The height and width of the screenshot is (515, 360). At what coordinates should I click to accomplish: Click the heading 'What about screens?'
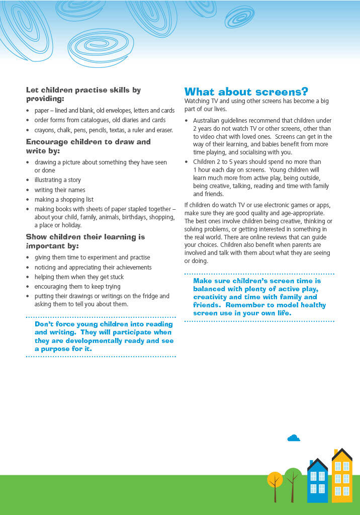(x=246, y=92)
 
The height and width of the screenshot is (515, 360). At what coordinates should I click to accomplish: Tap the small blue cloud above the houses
(x=294, y=438)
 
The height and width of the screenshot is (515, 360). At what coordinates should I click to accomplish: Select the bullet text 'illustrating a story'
(x=57, y=180)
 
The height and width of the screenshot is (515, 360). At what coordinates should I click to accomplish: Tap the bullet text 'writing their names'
(x=60, y=190)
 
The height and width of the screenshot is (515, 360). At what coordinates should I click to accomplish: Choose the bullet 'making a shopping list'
(x=64, y=200)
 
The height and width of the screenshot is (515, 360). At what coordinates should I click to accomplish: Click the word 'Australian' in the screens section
(x=207, y=121)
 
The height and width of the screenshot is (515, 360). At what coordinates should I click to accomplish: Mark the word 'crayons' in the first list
(x=45, y=130)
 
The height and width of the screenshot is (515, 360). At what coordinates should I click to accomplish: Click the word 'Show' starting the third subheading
(x=35, y=237)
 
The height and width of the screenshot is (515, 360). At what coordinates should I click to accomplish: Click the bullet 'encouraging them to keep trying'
(x=77, y=287)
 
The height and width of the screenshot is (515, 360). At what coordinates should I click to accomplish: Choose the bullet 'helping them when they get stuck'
(x=79, y=277)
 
